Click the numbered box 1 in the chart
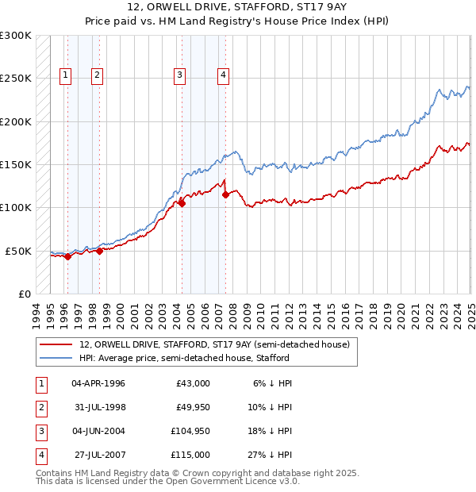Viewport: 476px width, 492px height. click(x=64, y=75)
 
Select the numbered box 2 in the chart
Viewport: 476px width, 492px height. click(x=97, y=75)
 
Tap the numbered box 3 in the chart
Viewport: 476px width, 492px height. click(x=180, y=75)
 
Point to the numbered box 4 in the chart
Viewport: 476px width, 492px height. click(x=224, y=75)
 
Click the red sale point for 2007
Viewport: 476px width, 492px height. click(x=225, y=194)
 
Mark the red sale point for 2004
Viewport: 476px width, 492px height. click(x=182, y=203)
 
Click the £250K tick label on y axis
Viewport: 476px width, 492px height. click(x=16, y=79)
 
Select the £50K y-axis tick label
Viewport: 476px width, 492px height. click(x=18, y=251)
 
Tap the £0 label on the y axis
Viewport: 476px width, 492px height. click(x=23, y=294)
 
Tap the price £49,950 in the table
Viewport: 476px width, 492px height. click(x=190, y=407)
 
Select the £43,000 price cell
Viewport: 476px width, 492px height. click(x=193, y=383)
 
